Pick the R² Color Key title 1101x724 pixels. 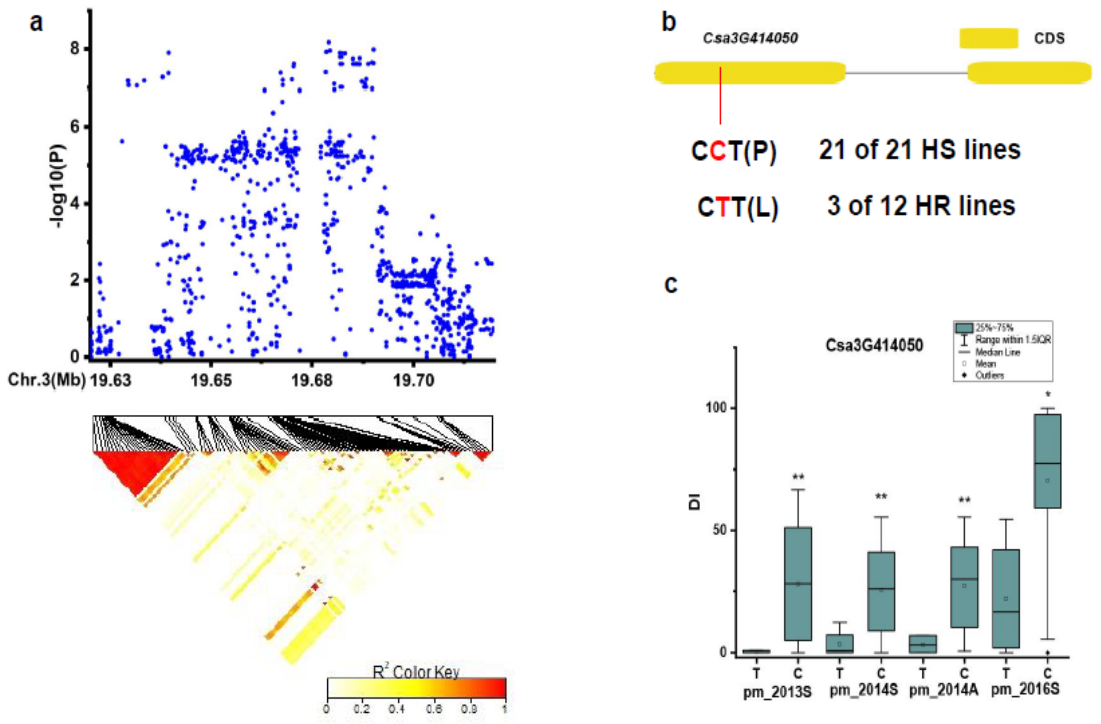pos(416,672)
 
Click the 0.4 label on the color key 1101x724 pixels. pos(397,709)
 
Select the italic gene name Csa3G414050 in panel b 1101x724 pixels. pos(750,38)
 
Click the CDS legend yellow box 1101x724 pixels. pos(989,38)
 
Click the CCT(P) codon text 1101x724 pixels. pos(733,151)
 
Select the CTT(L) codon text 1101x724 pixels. pos(737,207)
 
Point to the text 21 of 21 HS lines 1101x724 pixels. pos(919,150)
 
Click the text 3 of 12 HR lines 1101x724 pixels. pos(921,206)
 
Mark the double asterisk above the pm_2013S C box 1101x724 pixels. pos(798,478)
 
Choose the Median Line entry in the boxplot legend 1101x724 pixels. pos(997,352)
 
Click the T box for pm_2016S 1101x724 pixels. pos(1006,599)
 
